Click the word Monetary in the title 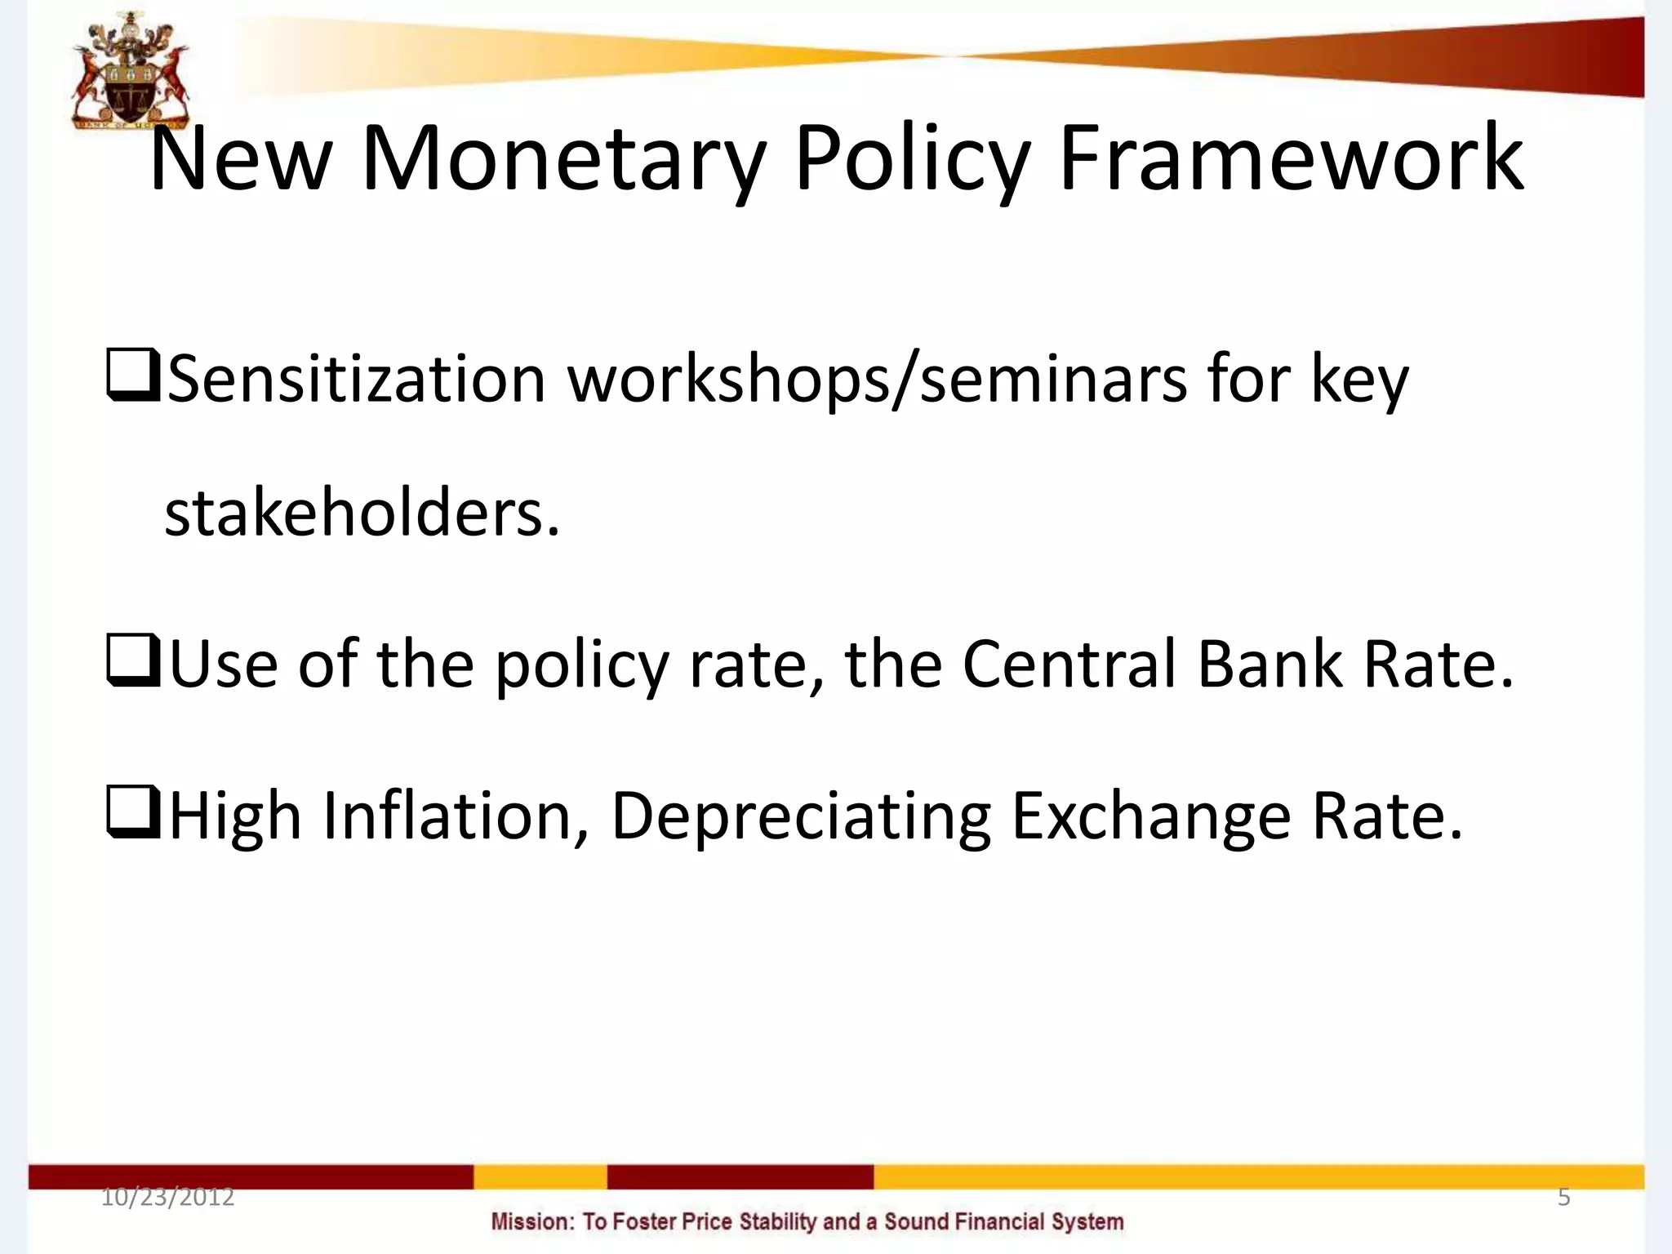563,159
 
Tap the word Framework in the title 1290,159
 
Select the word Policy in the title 910,159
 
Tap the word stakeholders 362,514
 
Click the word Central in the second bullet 1069,663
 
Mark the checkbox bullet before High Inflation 132,812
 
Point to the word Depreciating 800,815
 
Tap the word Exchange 1151,815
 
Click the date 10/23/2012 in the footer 167,1198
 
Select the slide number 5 1563,1198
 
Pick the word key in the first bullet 1359,380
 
